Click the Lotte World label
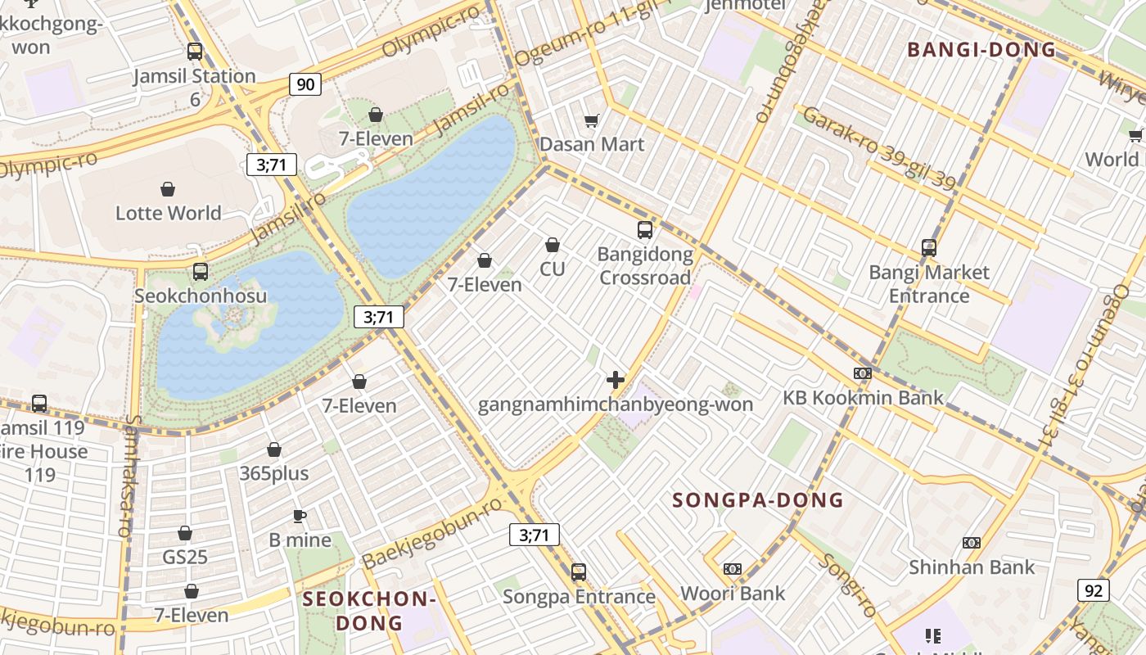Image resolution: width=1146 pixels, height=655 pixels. pos(168,213)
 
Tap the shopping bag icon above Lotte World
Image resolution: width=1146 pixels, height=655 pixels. pos(168,190)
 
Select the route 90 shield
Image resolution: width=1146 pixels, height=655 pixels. pos(305,84)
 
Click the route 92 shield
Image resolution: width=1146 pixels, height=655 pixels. pos(1093,589)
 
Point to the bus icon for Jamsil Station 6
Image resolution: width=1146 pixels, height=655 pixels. pos(195,52)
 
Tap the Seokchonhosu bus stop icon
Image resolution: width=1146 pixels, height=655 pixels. pos(201,272)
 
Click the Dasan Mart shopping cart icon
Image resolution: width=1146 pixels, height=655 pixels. pos(592,121)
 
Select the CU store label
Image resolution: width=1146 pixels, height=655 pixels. pos(553,269)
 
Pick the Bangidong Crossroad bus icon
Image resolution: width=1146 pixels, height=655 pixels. pos(645,230)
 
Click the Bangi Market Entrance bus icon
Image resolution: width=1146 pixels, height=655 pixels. pos(928,247)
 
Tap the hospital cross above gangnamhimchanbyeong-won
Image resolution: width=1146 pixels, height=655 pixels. pos(616,380)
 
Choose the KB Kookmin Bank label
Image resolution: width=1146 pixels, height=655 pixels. pos(863,398)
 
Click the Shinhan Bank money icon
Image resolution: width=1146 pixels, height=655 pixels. pos(972,543)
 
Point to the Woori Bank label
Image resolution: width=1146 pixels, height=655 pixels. pos(733,593)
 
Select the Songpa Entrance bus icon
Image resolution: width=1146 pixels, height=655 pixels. pos(579,571)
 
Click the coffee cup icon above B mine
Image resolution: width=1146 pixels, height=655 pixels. pos(300,516)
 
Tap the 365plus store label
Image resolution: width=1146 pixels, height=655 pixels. pos(274,473)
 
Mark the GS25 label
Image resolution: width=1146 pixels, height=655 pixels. pos(185,557)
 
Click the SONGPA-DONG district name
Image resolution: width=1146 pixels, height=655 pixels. pos(758,499)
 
